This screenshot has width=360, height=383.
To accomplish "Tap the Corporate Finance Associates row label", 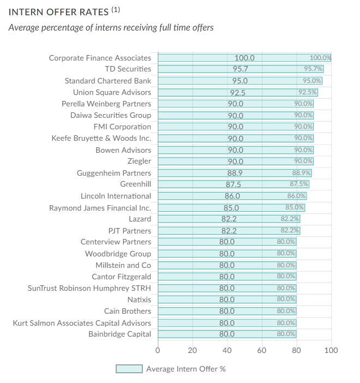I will point(100,58).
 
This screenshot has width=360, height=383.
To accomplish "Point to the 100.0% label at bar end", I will point(320,58).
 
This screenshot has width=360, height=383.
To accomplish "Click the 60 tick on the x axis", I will point(262,350).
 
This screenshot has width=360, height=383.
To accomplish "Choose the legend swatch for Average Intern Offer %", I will point(129,369).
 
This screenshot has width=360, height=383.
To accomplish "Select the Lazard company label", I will point(140,219).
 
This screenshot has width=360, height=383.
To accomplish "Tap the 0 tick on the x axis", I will point(158,350).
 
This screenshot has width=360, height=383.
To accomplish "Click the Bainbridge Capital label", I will point(119,334).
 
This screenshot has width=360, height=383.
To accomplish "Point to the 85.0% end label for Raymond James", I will point(295,207).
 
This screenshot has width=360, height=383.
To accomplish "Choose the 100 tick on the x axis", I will point(331,350).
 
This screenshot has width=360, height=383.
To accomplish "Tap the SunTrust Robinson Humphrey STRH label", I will point(89,288).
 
